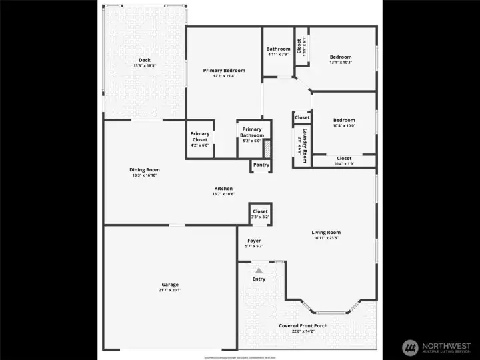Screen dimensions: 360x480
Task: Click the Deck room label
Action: click(144, 61)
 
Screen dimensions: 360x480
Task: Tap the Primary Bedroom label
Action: click(224, 71)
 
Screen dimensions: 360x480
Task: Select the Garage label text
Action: click(170, 285)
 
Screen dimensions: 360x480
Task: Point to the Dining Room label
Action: click(145, 170)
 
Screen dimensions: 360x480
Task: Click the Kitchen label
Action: click(223, 188)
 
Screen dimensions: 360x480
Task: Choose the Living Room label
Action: click(326, 233)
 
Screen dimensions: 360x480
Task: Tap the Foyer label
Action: click(254, 241)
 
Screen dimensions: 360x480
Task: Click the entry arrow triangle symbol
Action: click(259, 270)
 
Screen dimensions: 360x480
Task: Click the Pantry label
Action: click(261, 165)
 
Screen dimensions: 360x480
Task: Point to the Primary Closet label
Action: click(200, 137)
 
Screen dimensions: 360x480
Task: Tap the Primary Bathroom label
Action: click(252, 132)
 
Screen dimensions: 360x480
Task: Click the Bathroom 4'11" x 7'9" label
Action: click(279, 49)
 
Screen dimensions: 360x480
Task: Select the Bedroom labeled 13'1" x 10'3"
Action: click(340, 57)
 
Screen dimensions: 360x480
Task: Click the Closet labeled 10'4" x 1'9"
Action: click(344, 159)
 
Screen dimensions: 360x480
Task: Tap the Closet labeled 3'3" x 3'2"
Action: click(260, 211)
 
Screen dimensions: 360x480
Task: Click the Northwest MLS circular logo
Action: click(410, 347)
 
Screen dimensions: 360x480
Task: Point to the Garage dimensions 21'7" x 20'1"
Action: click(170, 290)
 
